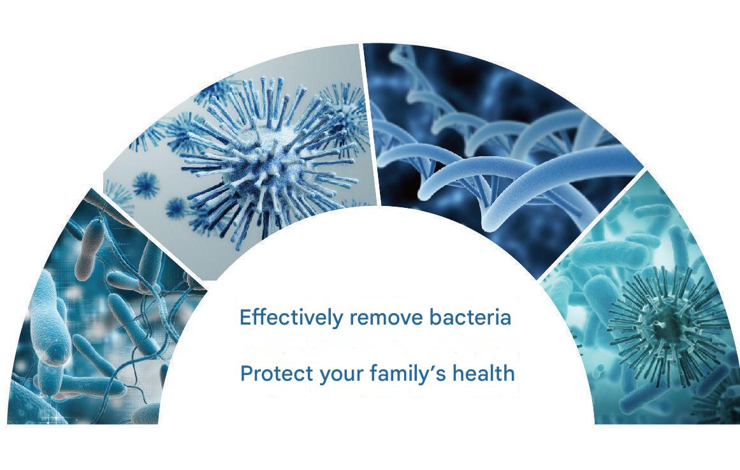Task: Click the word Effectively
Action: [x=291, y=318]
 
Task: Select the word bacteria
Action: [x=470, y=317]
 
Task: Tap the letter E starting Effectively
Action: [x=245, y=318]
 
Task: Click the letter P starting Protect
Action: [x=247, y=374]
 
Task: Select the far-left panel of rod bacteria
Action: [x=94, y=321]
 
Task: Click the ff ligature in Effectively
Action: [x=258, y=317]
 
